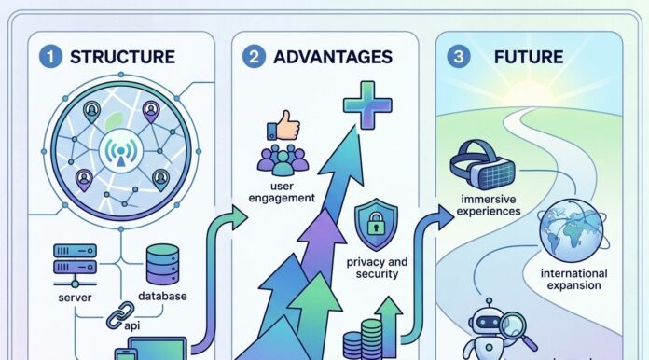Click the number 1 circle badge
(50, 56)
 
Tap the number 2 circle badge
(254, 56)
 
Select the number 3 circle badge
(458, 56)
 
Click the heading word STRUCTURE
(122, 57)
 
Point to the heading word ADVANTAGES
(333, 57)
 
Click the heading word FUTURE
(529, 57)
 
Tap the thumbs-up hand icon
(283, 125)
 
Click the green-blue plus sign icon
(367, 105)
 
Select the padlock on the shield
(376, 224)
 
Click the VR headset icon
(482, 164)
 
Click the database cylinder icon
(162, 264)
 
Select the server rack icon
(75, 265)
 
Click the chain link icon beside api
(120, 315)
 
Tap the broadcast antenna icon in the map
(121, 150)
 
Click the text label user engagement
(282, 192)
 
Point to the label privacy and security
(377, 268)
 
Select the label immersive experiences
(489, 205)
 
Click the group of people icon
(283, 159)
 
